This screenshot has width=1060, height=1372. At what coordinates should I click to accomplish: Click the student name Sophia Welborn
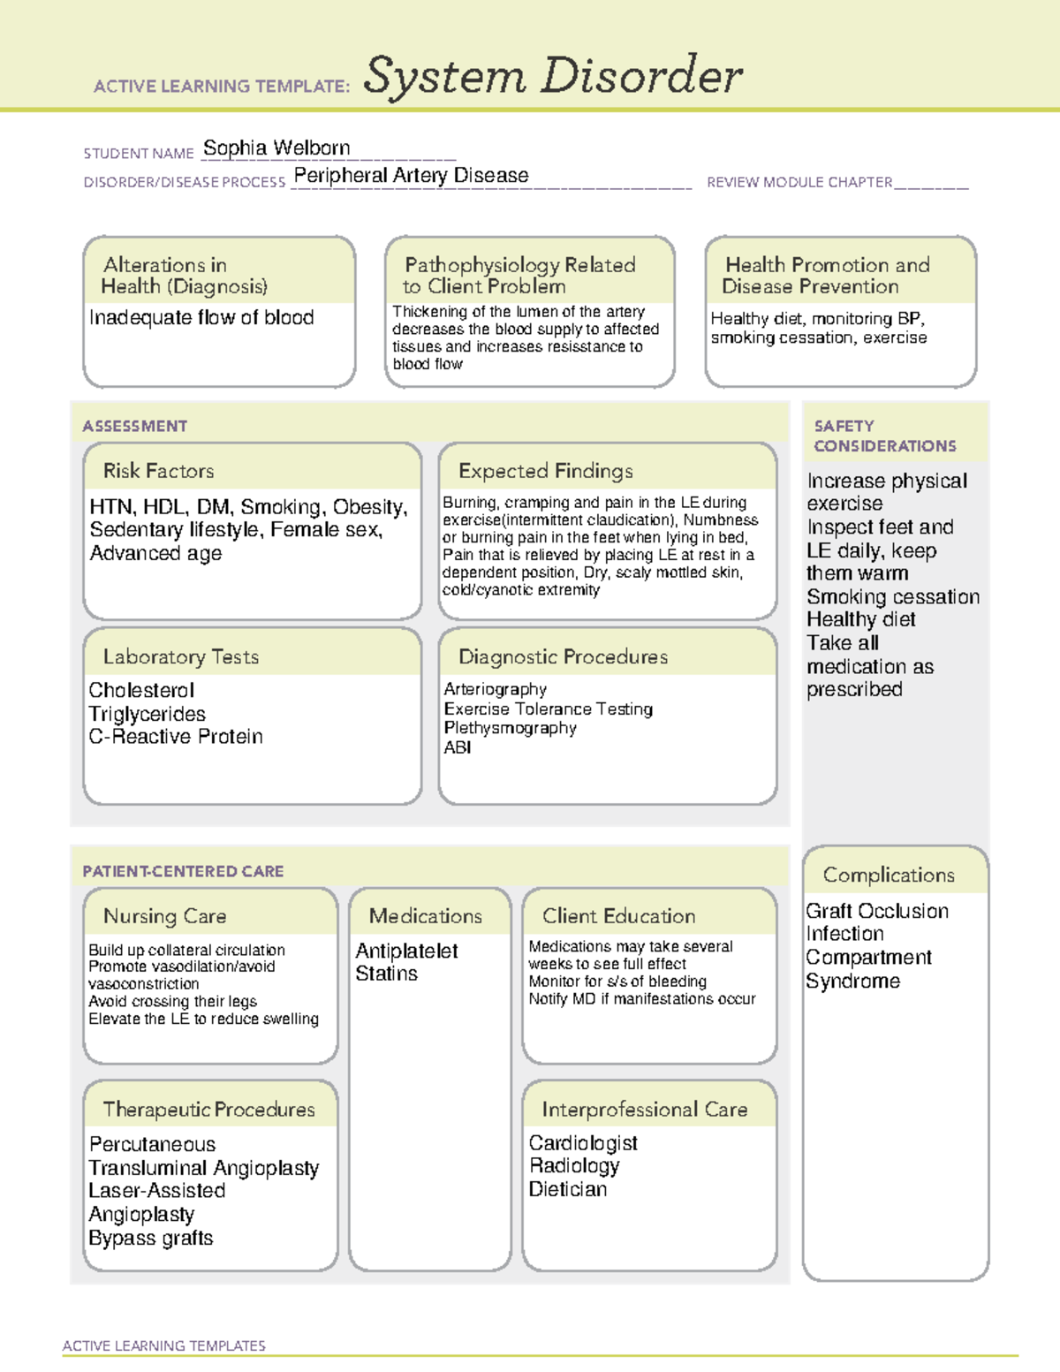(276, 148)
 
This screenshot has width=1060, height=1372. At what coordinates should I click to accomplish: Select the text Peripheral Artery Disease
(411, 176)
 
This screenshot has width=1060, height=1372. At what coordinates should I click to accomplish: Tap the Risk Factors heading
(158, 471)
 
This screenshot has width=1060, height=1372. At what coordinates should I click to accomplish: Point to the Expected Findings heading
(545, 471)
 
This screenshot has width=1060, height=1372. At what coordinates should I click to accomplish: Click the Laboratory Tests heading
(180, 656)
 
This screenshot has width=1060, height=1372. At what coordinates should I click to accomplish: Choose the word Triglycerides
(147, 714)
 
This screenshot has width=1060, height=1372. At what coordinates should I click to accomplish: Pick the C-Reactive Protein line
(176, 737)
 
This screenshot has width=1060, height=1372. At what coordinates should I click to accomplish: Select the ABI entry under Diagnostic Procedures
(457, 747)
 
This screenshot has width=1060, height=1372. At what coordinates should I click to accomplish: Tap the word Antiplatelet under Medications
(406, 951)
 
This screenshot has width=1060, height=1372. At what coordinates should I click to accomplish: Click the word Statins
(386, 974)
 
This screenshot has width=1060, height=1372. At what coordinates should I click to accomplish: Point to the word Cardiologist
(583, 1143)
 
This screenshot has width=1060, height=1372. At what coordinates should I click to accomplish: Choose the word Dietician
(568, 1190)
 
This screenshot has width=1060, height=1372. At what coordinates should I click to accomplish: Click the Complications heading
(889, 875)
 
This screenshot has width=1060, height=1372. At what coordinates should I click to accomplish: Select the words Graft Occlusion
(877, 911)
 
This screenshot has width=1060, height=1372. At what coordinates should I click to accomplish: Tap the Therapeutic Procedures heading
(208, 1109)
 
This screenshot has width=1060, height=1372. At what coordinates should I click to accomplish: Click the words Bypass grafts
(151, 1239)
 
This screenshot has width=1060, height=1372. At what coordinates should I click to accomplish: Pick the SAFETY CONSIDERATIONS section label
(884, 436)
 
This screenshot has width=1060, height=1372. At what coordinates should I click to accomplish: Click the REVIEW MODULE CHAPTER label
(799, 183)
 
